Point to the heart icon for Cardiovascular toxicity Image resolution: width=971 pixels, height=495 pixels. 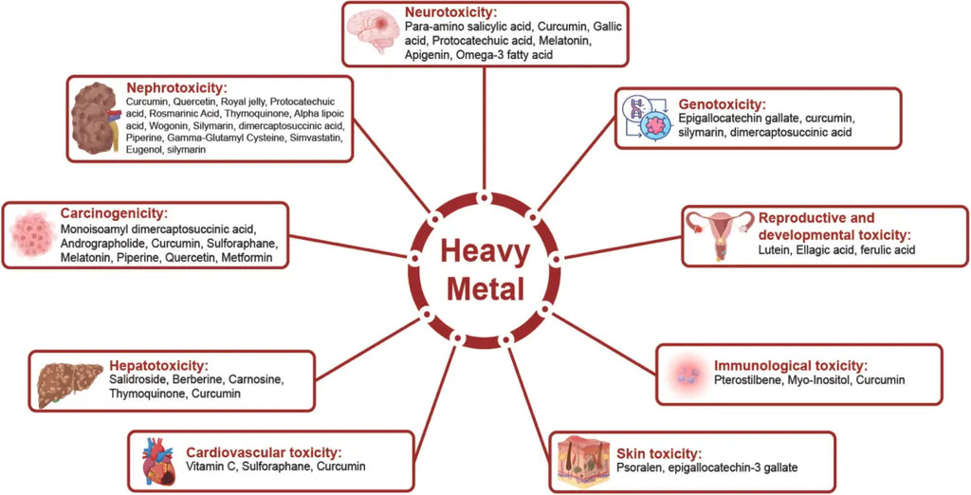pyautogui.click(x=159, y=462)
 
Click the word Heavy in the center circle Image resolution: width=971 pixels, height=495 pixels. pyautogui.click(x=485, y=253)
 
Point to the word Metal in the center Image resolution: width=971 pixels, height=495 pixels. pyautogui.click(x=485, y=289)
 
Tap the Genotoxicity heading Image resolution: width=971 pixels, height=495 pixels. pyautogui.click(x=722, y=103)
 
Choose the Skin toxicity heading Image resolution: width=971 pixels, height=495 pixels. pyautogui.click(x=656, y=451)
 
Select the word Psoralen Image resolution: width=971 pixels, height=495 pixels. pyautogui.click(x=640, y=467)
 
